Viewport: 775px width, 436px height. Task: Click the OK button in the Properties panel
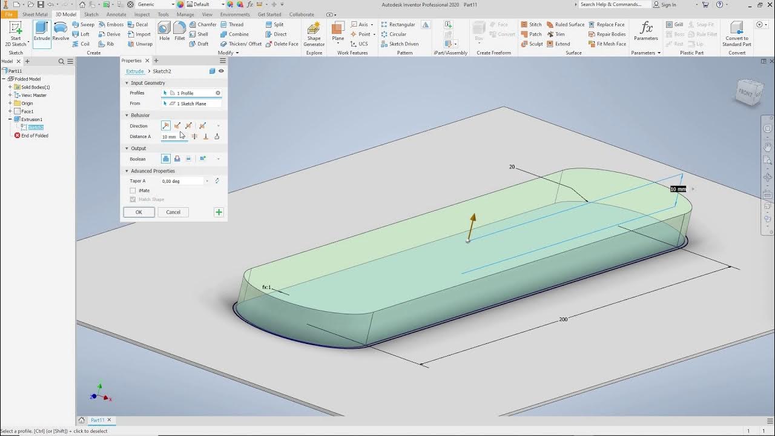coord(139,212)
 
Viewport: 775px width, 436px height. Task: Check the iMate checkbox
coord(133,191)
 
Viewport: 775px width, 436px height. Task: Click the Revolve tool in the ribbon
coord(61,31)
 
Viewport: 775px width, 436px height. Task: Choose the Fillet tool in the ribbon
coord(180,31)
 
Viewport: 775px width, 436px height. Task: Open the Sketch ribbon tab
coord(91,15)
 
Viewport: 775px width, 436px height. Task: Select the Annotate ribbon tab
coord(116,15)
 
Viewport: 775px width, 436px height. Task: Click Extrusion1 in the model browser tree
coord(32,119)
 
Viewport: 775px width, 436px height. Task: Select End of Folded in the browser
coord(35,136)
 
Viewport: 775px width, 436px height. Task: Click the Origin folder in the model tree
coord(27,104)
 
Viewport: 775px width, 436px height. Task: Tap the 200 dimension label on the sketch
coord(563,319)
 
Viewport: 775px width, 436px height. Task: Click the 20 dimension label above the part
coord(512,167)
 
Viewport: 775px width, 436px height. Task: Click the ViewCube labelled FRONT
coord(747,93)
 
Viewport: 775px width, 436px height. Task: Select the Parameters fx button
coord(646,31)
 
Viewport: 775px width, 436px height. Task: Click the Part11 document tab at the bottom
coord(97,420)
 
